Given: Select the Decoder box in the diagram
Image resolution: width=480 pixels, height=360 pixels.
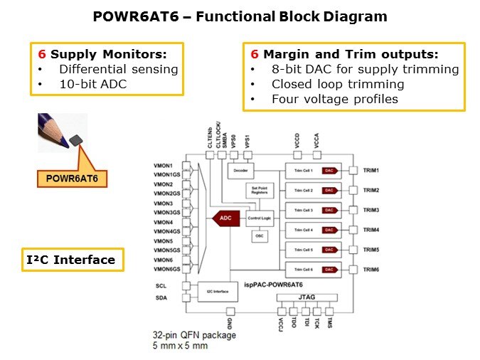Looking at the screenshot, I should click(242, 171).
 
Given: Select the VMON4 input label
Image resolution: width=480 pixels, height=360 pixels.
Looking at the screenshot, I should click(163, 222).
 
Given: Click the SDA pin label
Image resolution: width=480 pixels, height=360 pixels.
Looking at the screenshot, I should click(161, 298).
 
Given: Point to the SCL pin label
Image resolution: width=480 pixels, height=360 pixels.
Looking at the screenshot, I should click(161, 285).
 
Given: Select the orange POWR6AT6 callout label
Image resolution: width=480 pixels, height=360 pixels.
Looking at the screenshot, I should click(72, 176).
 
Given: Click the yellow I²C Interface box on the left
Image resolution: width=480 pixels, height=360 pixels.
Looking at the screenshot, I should click(70, 260).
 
